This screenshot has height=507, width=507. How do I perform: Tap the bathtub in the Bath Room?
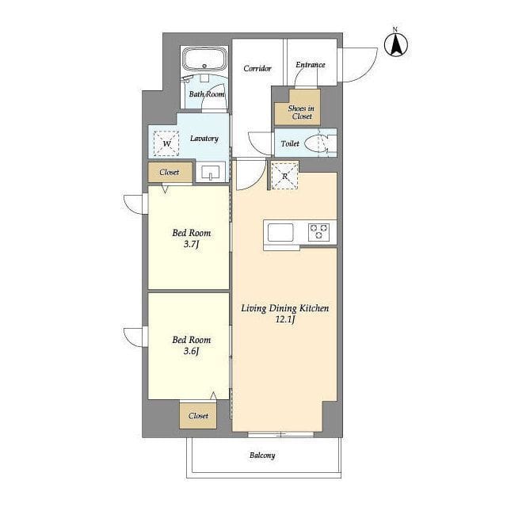[204, 59]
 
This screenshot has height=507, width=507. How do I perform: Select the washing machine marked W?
[166, 143]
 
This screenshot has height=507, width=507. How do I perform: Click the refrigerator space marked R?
[284, 176]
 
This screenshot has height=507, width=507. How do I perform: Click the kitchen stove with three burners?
[318, 232]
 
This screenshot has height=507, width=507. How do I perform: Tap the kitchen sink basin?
[280, 232]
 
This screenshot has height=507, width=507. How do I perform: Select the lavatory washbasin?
[211, 173]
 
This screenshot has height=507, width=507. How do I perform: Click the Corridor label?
[257, 68]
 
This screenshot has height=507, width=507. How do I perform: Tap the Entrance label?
[311, 65]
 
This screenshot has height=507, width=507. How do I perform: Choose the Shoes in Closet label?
[301, 112]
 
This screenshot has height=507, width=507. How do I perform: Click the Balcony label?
[262, 456]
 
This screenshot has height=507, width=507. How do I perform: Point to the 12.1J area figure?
[285, 320]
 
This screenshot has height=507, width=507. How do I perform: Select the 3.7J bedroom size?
[191, 244]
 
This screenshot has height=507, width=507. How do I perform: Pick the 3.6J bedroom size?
[191, 351]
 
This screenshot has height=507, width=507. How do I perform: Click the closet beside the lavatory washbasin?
[170, 172]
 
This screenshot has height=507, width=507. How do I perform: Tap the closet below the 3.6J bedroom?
[198, 416]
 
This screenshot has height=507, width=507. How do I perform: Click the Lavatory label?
[204, 139]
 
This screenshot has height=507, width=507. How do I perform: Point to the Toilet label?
[290, 143]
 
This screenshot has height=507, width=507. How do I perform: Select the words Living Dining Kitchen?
[285, 308]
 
